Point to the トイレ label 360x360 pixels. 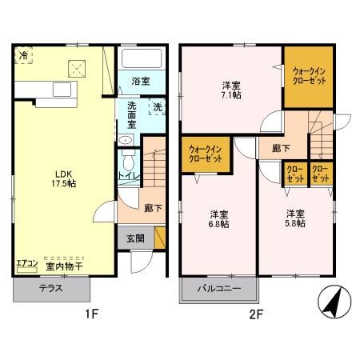[127, 175]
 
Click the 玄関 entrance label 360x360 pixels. [134, 238]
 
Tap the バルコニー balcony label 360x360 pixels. [219, 289]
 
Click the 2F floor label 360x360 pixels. [255, 314]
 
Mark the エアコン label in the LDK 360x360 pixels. [26, 263]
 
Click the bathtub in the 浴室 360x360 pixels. [142, 58]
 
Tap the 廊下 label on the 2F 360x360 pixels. [281, 148]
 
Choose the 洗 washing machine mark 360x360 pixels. [158, 107]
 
